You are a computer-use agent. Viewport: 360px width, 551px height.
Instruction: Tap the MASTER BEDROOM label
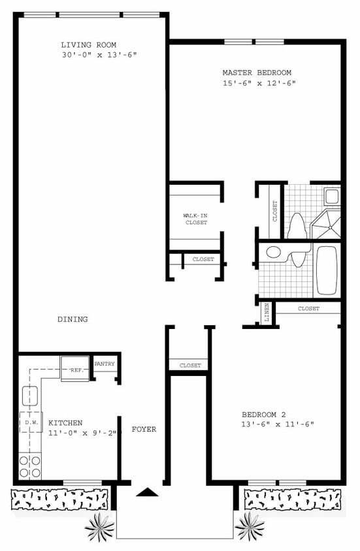coord(257,73)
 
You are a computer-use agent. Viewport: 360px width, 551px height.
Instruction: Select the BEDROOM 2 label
coord(264,415)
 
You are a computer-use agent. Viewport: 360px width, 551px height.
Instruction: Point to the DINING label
coord(73,319)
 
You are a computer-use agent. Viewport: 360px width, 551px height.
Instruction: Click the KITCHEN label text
coord(65,423)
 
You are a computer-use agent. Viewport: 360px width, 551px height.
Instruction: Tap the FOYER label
coord(144,429)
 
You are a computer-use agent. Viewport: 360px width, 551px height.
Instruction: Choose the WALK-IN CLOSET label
coord(195,219)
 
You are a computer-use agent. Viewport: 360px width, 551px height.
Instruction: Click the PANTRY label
coord(105,364)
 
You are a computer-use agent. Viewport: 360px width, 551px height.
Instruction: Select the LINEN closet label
coord(267,313)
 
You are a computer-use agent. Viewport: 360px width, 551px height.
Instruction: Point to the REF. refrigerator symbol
coord(74,369)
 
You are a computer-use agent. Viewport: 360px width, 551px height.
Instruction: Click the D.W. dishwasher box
coord(31,423)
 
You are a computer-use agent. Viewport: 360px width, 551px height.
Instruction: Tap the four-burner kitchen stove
coord(30,465)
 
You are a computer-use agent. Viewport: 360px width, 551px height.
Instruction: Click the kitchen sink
coord(30,395)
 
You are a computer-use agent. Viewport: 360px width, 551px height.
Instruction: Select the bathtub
coord(326,270)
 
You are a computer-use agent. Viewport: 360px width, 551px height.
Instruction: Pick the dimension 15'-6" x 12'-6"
coord(259,83)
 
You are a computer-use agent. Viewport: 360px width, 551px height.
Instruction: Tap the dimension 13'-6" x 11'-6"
coord(278,424)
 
